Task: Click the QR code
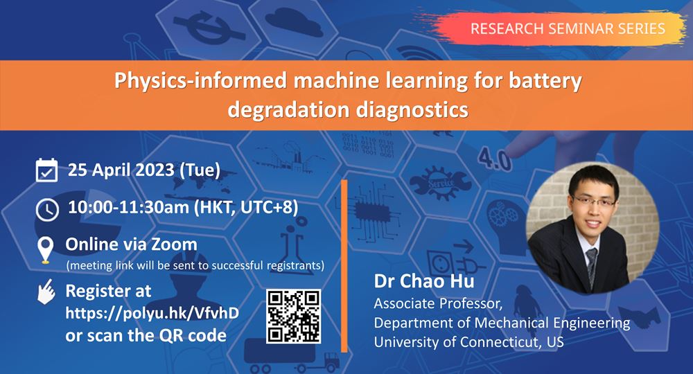[x=293, y=316]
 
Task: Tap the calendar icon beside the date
[x=46, y=170]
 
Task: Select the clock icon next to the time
[x=47, y=209]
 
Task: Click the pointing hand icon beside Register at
[x=46, y=292]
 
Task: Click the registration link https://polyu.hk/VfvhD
[x=152, y=313]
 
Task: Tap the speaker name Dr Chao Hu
[x=424, y=281]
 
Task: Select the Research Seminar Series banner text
[x=568, y=28]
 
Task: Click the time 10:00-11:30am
[x=129, y=207]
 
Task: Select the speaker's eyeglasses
[x=594, y=203]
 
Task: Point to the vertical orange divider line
[x=344, y=266]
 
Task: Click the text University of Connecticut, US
[x=469, y=342]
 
